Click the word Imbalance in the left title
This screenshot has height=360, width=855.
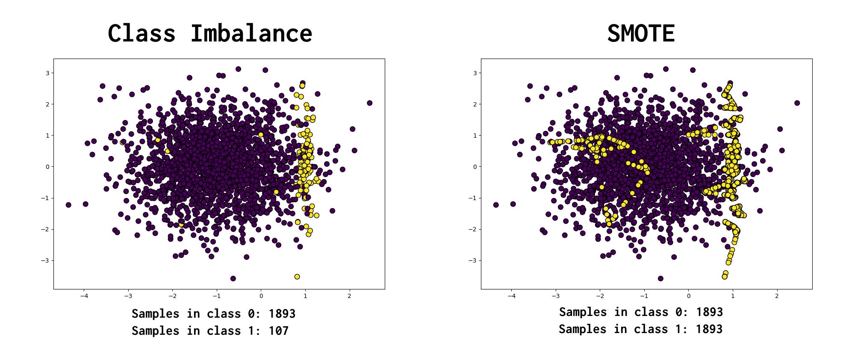(x=251, y=33)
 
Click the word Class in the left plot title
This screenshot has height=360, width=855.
(x=142, y=33)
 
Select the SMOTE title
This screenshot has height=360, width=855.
(x=641, y=33)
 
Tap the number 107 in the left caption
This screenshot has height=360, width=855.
(x=278, y=331)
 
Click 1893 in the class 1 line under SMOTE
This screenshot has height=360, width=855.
(x=709, y=329)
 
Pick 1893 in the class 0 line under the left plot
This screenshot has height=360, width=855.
(x=282, y=314)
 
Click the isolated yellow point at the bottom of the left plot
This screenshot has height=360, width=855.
(x=297, y=277)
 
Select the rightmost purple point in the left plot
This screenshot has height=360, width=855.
(x=369, y=103)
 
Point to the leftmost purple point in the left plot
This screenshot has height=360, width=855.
(x=68, y=205)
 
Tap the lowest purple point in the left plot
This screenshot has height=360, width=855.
(x=233, y=278)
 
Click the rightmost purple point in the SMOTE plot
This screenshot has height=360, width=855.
(x=797, y=103)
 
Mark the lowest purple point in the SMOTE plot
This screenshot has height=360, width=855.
(x=660, y=278)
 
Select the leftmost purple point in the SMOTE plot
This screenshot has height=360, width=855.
(x=496, y=205)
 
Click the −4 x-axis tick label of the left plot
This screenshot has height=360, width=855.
(x=84, y=296)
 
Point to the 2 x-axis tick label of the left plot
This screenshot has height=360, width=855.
(x=349, y=296)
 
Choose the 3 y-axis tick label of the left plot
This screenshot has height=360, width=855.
(x=48, y=73)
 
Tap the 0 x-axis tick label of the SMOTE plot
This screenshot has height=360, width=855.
(x=688, y=296)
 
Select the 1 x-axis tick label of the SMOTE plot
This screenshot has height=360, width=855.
(x=733, y=296)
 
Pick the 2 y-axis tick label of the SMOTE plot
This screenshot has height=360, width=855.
(x=475, y=104)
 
